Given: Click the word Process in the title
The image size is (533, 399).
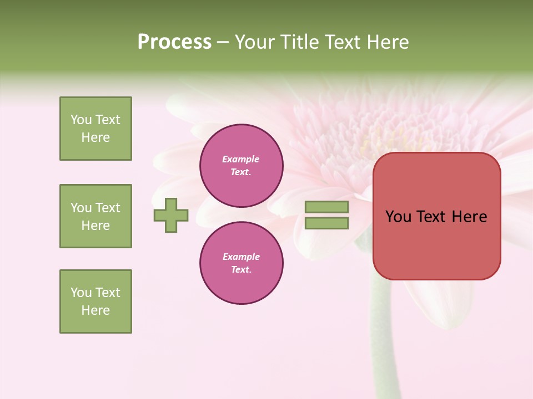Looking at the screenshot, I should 174,42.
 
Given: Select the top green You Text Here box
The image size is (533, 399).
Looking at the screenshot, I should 95,129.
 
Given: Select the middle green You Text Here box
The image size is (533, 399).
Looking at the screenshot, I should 95,216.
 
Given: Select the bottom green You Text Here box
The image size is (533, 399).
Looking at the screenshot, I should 95,301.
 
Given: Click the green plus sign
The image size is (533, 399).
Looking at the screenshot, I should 171,215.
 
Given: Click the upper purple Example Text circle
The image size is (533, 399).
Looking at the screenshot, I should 242,165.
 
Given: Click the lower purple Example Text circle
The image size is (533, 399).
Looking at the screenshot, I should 242,263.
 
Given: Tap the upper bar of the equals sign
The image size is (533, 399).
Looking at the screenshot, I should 326,207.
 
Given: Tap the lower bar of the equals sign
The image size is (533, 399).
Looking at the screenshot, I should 326,223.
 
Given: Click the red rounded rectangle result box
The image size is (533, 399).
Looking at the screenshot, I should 436,244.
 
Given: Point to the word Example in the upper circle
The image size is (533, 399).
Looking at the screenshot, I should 241,159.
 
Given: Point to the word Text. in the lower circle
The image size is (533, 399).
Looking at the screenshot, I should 242,269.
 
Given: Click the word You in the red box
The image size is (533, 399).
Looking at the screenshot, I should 398,217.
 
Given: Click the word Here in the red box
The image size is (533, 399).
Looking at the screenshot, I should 470,217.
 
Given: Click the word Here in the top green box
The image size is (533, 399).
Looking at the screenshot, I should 95,137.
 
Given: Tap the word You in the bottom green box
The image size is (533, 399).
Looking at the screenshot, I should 81,293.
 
